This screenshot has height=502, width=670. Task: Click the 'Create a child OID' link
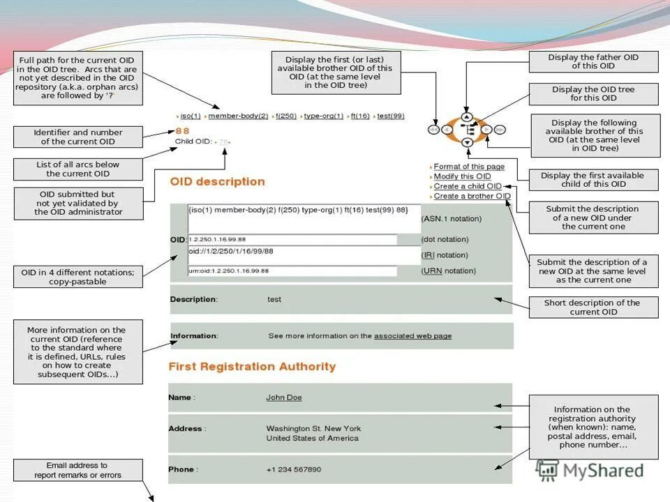(468, 186)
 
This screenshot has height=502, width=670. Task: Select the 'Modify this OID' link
(462, 176)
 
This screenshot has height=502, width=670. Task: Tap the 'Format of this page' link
(469, 167)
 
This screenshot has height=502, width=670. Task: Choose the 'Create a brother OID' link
(472, 196)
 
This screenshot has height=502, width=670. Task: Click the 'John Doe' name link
(284, 397)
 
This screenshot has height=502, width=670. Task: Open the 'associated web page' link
(412, 336)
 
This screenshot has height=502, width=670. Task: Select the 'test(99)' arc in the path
(390, 116)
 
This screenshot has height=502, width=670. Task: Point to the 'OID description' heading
(217, 182)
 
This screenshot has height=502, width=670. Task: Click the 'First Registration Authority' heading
(252, 367)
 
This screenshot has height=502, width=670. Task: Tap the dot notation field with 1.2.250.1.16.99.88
(292, 240)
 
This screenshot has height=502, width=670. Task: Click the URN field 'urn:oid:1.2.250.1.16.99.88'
(292, 271)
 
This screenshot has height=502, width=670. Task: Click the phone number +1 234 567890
(294, 469)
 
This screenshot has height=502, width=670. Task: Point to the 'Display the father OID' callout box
(593, 61)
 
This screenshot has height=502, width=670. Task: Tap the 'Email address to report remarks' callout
(77, 470)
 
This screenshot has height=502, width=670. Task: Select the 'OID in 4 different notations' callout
(77, 277)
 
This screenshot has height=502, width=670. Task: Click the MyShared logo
(590, 470)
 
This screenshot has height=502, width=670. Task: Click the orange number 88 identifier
(182, 130)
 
